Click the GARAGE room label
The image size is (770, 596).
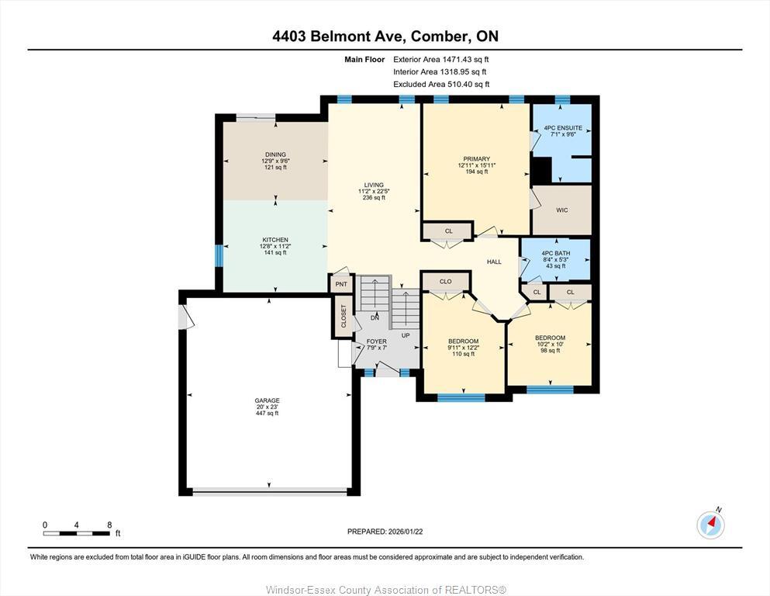point(268,400)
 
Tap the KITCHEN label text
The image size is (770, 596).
point(275,240)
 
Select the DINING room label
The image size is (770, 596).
point(275,154)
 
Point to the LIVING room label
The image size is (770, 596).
point(375,185)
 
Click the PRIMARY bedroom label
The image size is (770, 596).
point(476,159)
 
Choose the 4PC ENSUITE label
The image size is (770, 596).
point(562,127)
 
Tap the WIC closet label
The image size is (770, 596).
point(562,210)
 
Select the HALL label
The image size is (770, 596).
point(494,262)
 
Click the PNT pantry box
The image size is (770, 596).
point(341,284)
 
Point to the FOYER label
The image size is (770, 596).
point(377,341)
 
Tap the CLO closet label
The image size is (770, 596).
point(445,282)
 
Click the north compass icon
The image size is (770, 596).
point(710,525)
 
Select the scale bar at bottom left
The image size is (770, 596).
point(77,532)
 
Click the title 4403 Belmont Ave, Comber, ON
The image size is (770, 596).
point(385,36)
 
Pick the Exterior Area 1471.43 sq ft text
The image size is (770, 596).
point(441,59)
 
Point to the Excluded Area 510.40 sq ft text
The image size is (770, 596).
point(441,84)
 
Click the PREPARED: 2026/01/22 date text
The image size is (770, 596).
point(385,532)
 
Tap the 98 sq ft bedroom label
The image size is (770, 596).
point(550,350)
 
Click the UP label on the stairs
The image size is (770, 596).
point(405,335)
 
